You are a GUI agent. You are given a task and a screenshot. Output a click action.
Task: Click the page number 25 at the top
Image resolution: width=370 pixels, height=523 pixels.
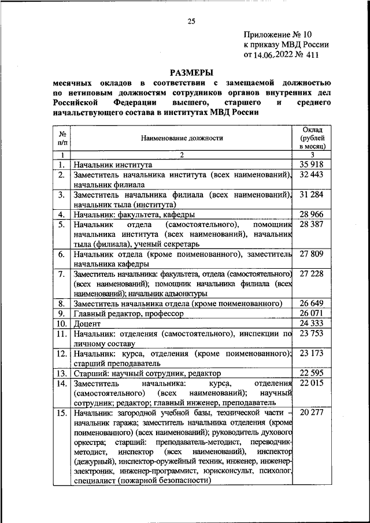pos(191,21)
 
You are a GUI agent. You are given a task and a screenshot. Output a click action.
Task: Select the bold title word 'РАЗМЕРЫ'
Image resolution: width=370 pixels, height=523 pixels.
pos(191,73)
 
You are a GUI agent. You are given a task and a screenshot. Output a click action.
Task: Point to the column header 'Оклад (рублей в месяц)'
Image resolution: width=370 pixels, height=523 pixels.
pos(312,138)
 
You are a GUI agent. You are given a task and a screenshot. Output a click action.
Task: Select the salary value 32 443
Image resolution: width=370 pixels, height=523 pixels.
pos(312,175)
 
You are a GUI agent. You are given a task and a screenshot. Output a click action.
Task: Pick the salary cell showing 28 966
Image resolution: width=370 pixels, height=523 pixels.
pos(312,214)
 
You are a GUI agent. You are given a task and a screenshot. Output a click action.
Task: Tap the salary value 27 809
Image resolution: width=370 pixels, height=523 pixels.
pos(312,254)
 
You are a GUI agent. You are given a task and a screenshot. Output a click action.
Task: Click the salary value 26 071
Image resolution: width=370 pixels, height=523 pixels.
pos(312,313)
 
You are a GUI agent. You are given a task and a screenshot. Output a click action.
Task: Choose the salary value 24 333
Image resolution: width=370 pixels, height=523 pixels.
pos(312,324)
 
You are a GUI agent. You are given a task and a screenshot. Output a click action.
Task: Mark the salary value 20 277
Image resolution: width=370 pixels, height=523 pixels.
pos(312,413)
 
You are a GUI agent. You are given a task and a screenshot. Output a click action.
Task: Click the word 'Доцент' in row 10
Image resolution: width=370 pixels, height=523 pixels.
pos(87,324)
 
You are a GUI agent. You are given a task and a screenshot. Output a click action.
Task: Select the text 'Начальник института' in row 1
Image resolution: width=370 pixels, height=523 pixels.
pos(113,165)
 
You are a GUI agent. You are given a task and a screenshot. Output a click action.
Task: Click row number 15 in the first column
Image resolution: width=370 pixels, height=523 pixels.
pos(60,413)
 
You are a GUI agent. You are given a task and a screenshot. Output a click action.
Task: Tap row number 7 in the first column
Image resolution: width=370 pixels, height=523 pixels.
pos(60,274)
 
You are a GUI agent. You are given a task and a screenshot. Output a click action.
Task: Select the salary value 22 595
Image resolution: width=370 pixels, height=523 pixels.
pos(312,373)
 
